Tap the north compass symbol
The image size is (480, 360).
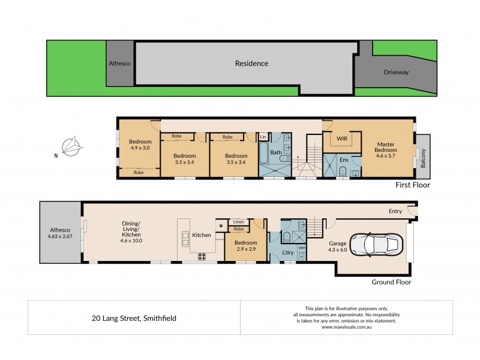click(x=75, y=146)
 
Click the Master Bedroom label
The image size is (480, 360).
click(x=385, y=148)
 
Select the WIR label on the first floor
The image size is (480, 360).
click(x=342, y=139)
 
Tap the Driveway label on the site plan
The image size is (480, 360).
click(x=396, y=73)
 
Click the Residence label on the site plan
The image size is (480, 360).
click(x=251, y=63)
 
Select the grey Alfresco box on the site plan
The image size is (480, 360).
click(x=119, y=63)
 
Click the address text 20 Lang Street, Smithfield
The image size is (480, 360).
click(x=134, y=319)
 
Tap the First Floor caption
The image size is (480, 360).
click(x=413, y=185)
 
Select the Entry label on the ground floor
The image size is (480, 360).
click(x=395, y=211)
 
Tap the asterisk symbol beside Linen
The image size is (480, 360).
click(x=221, y=226)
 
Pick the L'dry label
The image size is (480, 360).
click(x=288, y=253)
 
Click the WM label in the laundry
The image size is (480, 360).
click(x=302, y=247)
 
